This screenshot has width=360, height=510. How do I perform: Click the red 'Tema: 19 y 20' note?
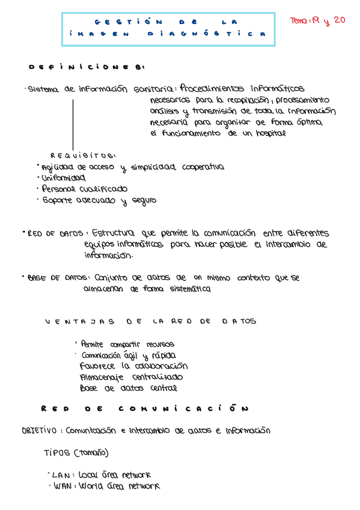click(317, 20)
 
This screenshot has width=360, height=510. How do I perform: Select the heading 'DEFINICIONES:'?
click(85, 67)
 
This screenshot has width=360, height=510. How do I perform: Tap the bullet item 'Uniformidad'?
click(62, 178)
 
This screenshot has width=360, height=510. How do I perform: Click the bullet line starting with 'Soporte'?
click(98, 201)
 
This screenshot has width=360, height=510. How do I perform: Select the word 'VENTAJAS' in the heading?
click(79, 322)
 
